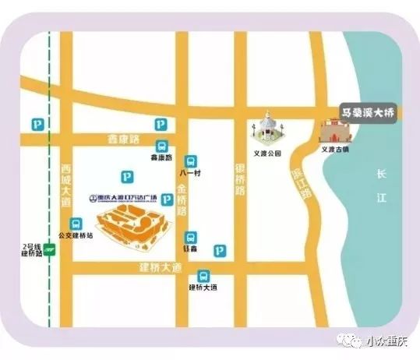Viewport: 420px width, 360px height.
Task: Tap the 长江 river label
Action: (381, 187)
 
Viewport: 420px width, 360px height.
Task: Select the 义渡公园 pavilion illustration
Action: (267, 129)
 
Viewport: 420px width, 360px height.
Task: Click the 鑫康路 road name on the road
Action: (122, 139)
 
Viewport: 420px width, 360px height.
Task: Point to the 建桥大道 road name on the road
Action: (160, 268)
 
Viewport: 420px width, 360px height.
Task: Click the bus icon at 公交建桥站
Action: (75, 224)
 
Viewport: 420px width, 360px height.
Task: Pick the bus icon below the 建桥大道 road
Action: (203, 276)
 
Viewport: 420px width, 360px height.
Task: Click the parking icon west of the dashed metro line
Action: (34, 124)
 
